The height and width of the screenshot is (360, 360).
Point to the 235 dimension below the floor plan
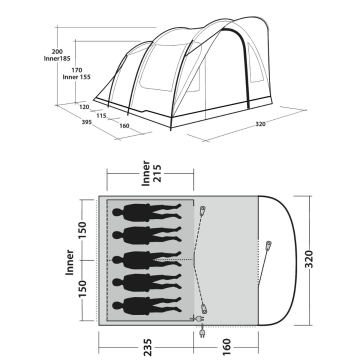(x=146, y=349)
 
